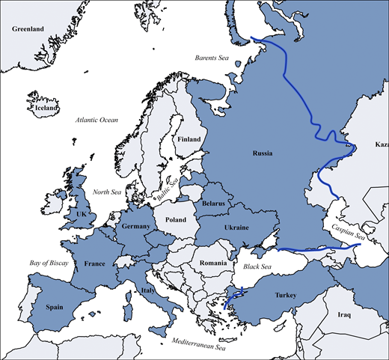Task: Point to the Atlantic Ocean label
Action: [x=97, y=120]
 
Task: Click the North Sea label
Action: [x=106, y=192]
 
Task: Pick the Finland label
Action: [x=189, y=139]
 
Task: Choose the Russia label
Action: [x=263, y=153]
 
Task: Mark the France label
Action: [x=94, y=263]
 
